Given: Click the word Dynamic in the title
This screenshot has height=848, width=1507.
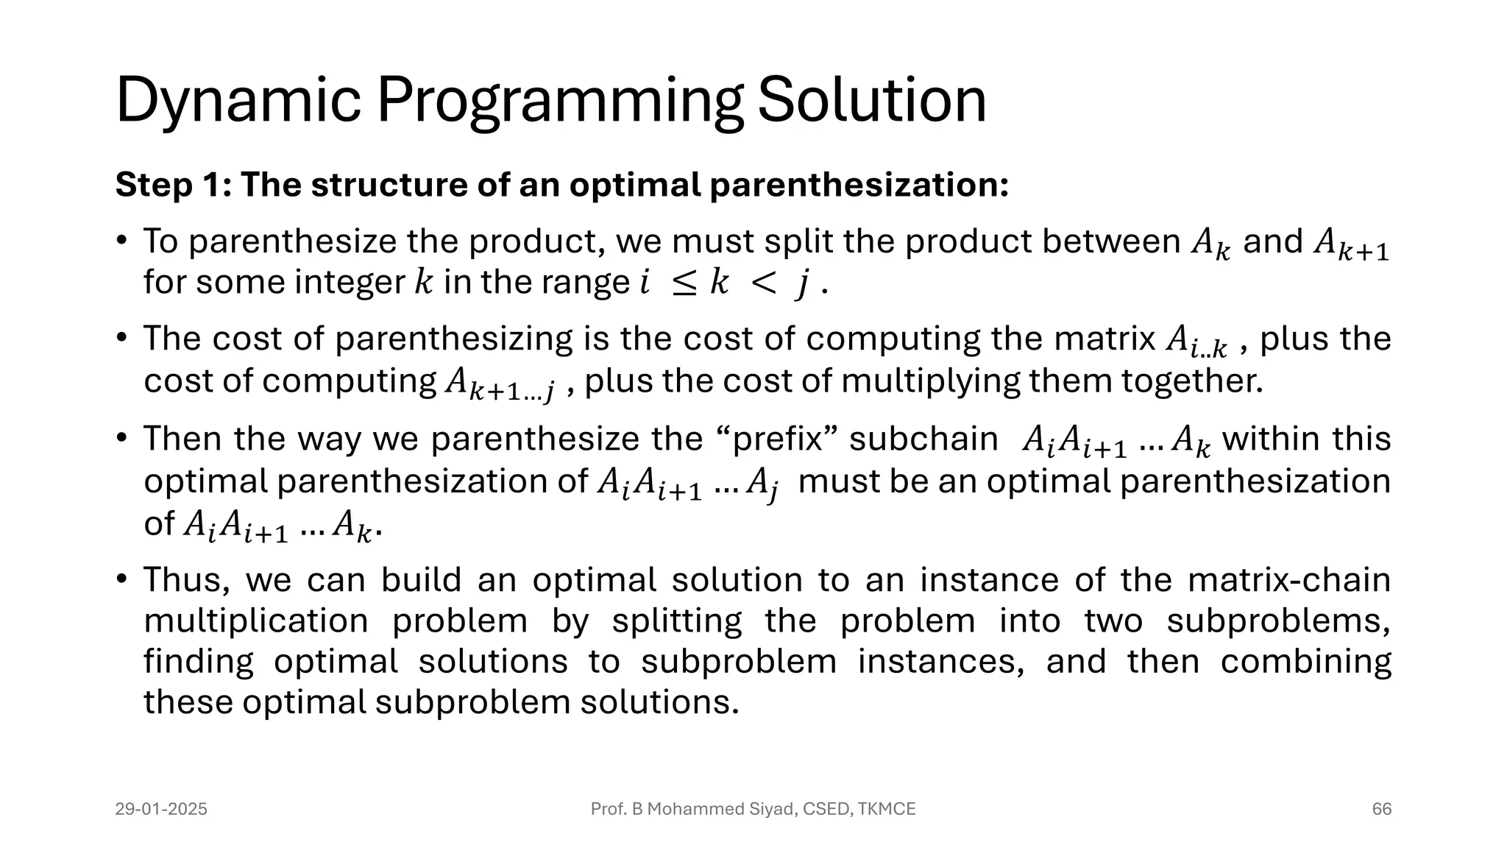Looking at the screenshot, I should tap(237, 101).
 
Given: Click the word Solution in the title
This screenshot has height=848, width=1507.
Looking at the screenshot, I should tap(872, 101).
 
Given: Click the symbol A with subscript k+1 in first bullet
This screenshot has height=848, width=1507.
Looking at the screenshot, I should tap(1351, 244).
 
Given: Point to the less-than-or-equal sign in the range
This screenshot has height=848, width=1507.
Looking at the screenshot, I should tap(684, 283).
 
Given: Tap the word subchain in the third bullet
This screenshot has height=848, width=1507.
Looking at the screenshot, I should tap(923, 439).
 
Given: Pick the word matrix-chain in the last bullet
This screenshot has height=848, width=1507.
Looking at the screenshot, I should tap(1288, 579).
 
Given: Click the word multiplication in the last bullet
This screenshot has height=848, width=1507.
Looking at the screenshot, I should tap(255, 621).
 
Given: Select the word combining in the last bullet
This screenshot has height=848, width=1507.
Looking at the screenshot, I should tap(1305, 661).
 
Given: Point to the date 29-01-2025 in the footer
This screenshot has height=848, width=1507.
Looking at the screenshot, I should tap(161, 809).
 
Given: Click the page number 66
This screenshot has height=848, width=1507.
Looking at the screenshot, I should tap(1381, 809).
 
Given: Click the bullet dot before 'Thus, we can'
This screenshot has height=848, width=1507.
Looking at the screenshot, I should tap(121, 579).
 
